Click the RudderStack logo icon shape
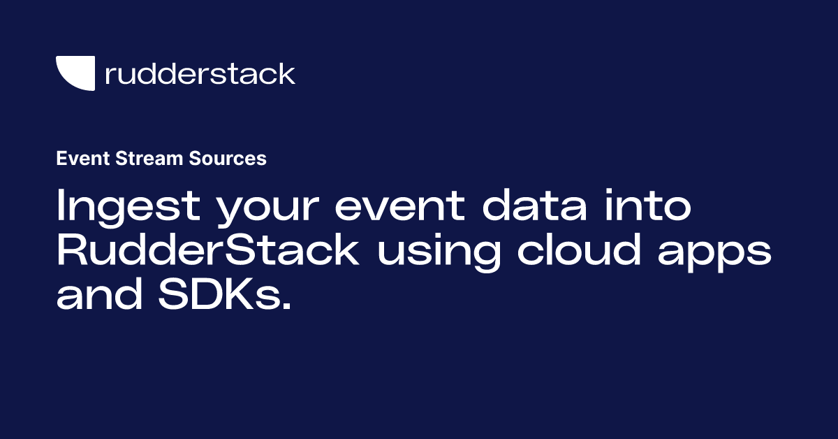78,73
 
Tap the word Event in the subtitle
83,158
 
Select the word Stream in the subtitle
149,158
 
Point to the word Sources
228,158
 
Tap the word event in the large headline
399,206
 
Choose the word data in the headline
535,205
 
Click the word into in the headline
648,205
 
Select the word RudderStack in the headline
207,249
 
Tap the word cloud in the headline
579,249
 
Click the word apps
714,254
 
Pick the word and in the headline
99,294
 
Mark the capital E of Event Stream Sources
61,158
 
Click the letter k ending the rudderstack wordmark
286,73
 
